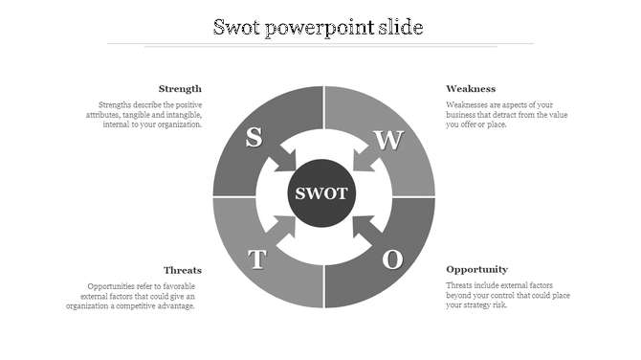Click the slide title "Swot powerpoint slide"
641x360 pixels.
tap(319, 27)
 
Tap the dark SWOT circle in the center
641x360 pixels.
tap(322, 194)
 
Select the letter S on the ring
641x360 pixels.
tap(254, 137)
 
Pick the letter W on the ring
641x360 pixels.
tap(388, 140)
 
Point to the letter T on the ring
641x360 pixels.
tap(256, 259)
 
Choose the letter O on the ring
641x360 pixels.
tap(392, 259)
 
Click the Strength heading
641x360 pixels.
tap(180, 89)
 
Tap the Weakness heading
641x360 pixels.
tap(471, 89)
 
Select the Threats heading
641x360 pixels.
tap(182, 270)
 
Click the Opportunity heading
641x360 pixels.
tap(476, 270)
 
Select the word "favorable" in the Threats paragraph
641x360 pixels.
tap(180, 286)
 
